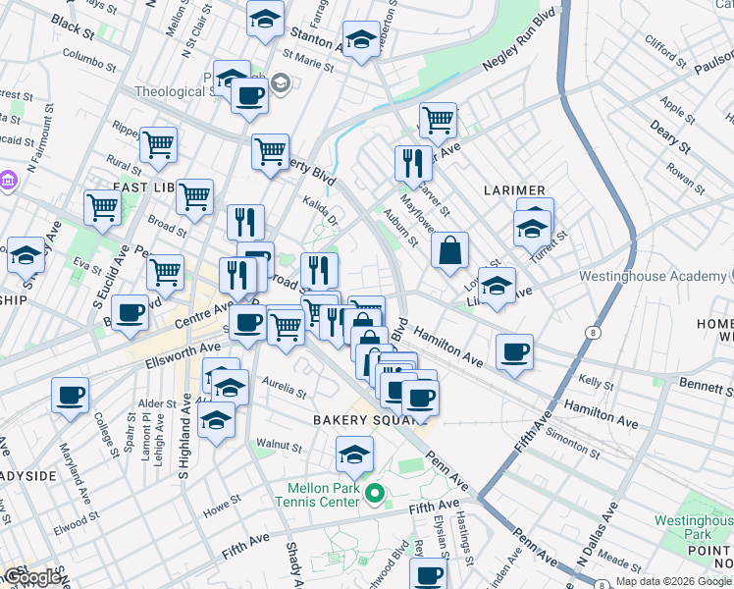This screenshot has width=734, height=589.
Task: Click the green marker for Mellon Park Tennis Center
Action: [373, 492]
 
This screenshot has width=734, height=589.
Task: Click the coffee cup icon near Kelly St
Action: [514, 352]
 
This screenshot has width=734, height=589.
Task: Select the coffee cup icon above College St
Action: [70, 396]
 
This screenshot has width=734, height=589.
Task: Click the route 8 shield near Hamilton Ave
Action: [595, 334]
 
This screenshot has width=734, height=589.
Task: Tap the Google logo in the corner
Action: [33, 578]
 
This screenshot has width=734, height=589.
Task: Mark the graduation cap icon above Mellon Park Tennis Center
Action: [354, 454]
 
